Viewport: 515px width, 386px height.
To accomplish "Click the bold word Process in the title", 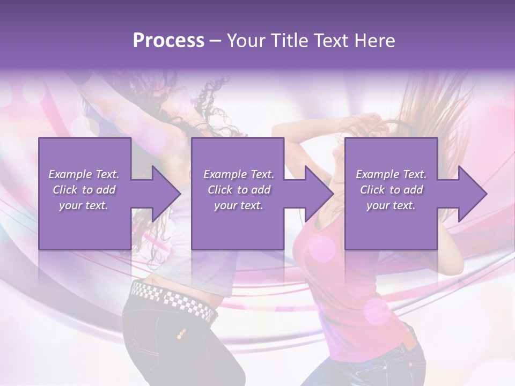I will pos(168,41).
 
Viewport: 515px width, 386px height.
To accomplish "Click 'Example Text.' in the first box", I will pos(84,174).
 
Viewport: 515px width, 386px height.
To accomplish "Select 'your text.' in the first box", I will pos(84,205).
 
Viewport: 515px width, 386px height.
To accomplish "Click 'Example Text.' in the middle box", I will pos(239,174).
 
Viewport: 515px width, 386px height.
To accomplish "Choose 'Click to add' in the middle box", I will pos(239,190).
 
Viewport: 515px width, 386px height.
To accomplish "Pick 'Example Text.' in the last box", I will pos(391,174).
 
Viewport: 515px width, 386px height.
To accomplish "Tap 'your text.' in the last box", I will pos(391,205).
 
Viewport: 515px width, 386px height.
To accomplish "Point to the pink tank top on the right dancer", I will pos(343,279).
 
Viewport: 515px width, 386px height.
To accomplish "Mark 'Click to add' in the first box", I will pos(84,190).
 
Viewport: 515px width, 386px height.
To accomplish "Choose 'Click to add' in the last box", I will pos(391,190).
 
